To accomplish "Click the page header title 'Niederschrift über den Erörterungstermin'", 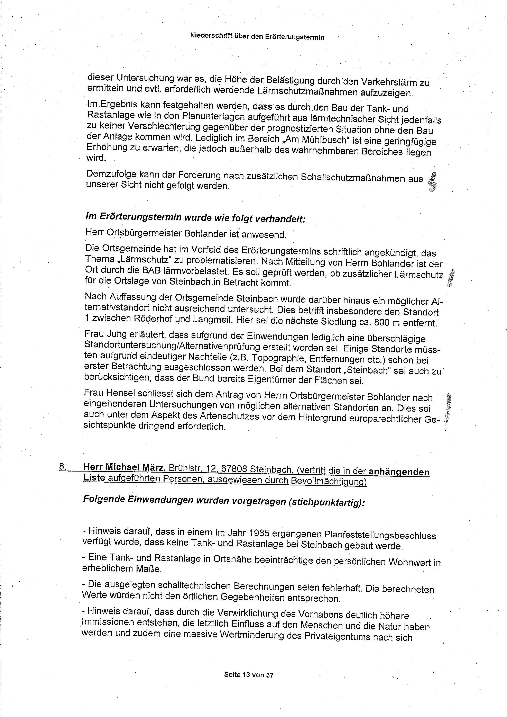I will tap(257, 37).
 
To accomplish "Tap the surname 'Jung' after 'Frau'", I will tap(116, 335).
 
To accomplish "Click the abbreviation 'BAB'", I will tap(152, 271).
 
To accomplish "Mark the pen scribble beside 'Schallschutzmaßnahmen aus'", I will tap(433, 182).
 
